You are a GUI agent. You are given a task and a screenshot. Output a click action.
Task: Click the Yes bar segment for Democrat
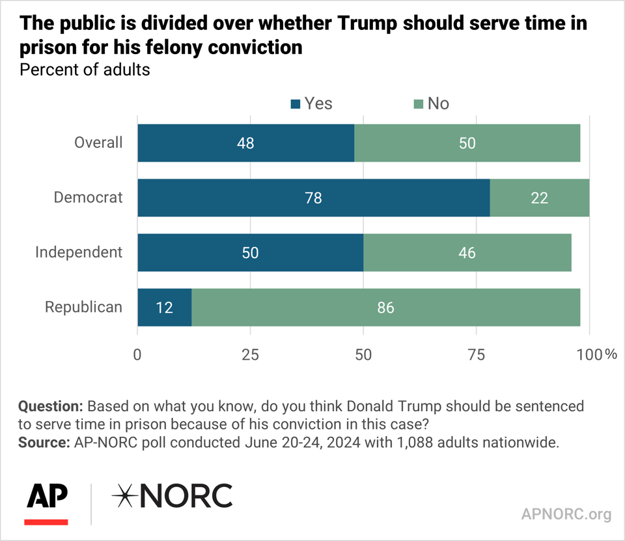click(x=313, y=197)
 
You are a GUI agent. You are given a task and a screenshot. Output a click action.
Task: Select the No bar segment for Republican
click(x=385, y=307)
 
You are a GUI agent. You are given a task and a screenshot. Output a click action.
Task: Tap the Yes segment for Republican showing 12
click(x=164, y=307)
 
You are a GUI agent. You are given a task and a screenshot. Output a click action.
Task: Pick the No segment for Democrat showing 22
click(x=539, y=197)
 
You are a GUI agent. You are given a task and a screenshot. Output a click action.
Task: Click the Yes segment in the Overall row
click(x=245, y=143)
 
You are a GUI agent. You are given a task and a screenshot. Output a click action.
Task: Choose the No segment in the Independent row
click(x=467, y=252)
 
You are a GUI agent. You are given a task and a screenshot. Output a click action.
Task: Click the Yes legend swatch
click(x=296, y=104)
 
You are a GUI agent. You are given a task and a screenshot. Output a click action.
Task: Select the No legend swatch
click(x=418, y=104)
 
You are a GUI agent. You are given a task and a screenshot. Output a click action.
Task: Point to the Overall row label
click(x=98, y=143)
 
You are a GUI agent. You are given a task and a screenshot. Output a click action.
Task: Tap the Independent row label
click(x=79, y=252)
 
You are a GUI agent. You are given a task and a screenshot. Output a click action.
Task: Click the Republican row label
click(x=83, y=307)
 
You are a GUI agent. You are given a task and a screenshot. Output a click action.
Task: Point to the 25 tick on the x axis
click(x=251, y=355)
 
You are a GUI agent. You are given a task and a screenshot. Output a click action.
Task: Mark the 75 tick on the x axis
click(x=477, y=355)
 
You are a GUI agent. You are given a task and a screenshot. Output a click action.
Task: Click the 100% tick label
click(x=596, y=355)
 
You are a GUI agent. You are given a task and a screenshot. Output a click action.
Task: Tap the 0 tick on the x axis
click(x=137, y=355)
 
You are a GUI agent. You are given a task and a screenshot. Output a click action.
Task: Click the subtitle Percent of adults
click(x=85, y=70)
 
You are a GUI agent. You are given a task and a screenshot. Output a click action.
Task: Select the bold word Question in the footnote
click(x=50, y=406)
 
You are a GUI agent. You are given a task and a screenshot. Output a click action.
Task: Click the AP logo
click(x=46, y=498)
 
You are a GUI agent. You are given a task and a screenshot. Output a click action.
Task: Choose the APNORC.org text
click(x=566, y=514)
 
